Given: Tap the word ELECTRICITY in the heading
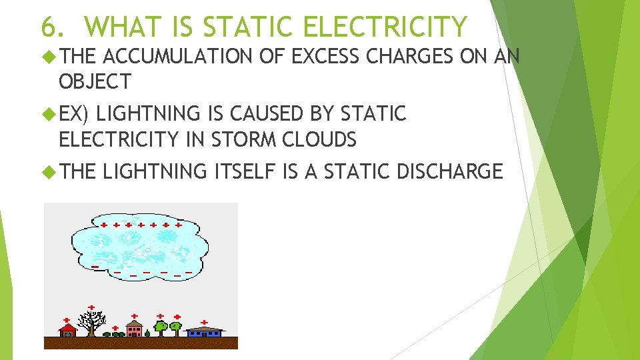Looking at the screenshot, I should [385, 27].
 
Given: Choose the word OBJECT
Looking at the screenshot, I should [95, 82].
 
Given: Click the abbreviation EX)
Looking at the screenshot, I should [73, 115].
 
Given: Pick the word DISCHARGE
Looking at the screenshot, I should [449, 171].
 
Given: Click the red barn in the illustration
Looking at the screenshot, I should [67, 331].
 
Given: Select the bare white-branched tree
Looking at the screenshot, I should [89, 324].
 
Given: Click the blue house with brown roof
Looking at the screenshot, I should [204, 331].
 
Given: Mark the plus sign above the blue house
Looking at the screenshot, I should [204, 321].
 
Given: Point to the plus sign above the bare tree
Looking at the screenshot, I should [91, 308].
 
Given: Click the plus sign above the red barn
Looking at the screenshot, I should [67, 320].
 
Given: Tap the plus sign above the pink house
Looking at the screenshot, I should [135, 316].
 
